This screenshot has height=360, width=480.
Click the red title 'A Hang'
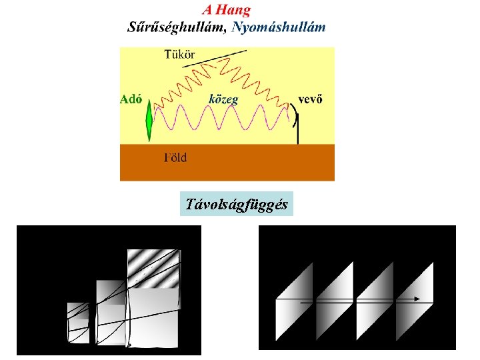click(227, 10)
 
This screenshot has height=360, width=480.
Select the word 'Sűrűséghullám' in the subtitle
click(177, 27)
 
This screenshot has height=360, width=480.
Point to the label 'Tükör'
click(179, 55)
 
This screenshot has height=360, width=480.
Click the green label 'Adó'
click(131, 99)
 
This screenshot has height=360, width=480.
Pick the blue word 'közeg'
click(223, 99)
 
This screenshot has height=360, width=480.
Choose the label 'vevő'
click(311, 99)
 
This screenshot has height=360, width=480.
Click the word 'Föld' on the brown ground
click(175, 158)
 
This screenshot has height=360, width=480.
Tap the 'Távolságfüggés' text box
click(237, 204)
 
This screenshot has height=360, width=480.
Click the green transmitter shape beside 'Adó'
click(150, 120)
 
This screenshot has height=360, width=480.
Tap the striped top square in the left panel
click(153, 268)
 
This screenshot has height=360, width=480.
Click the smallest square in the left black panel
click(77, 323)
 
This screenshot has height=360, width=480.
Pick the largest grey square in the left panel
click(153, 317)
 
